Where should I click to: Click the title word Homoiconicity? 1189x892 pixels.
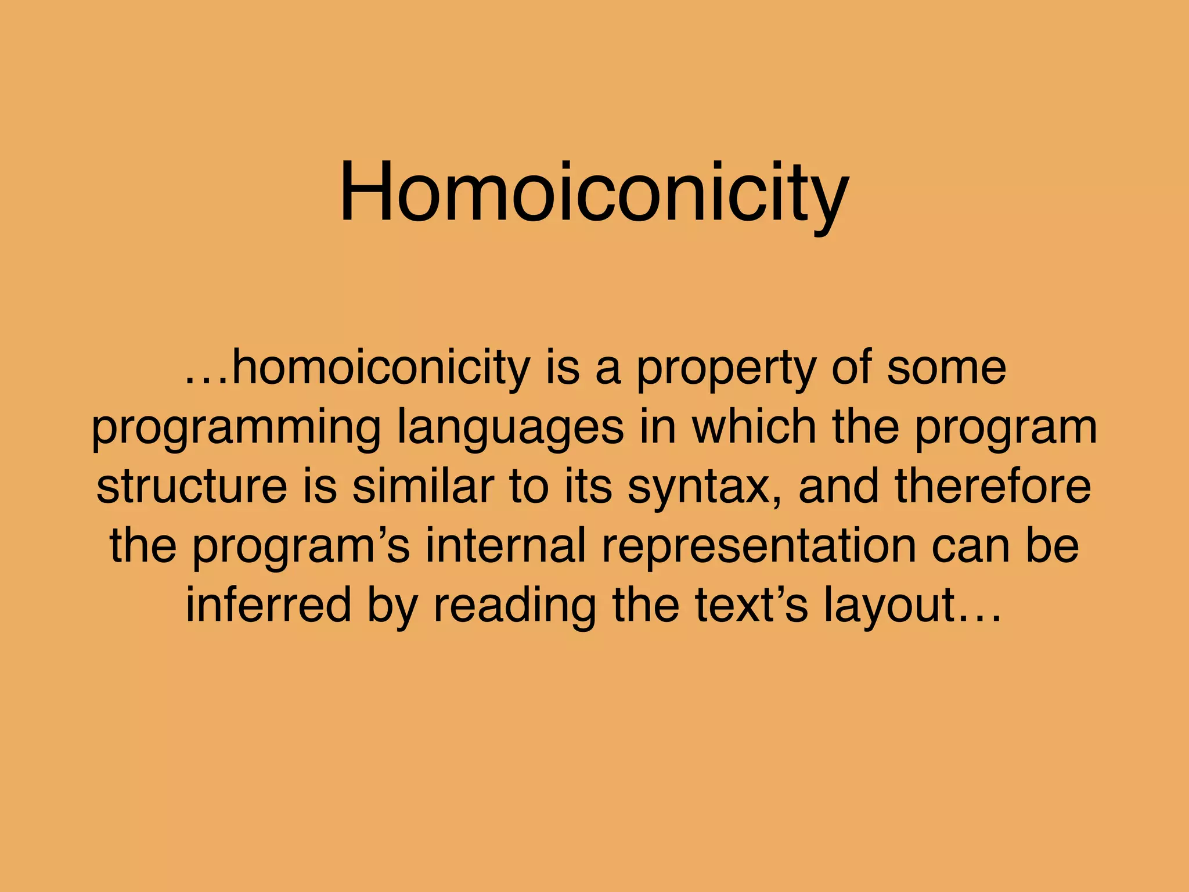point(593,193)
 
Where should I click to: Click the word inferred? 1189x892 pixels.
point(268,605)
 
